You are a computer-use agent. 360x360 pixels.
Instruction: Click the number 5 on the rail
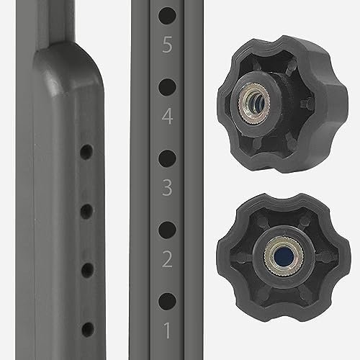[x=167, y=45]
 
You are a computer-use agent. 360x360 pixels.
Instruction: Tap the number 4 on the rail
[x=167, y=116]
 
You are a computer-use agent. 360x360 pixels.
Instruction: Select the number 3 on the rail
[x=167, y=188]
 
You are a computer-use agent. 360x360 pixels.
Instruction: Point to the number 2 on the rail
[x=167, y=259]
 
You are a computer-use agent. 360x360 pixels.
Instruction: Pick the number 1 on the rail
[x=167, y=330]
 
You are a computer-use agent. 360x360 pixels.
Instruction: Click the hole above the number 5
[x=167, y=16]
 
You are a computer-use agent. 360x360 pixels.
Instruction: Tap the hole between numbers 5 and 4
[x=167, y=86]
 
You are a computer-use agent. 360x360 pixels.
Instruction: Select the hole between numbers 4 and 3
[x=167, y=158]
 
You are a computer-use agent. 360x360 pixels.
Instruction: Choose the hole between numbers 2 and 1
[x=167, y=301]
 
